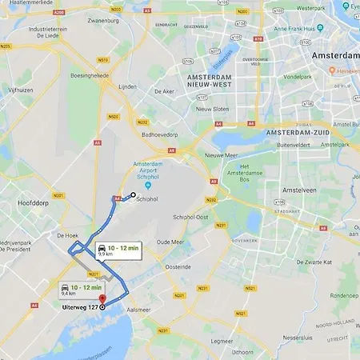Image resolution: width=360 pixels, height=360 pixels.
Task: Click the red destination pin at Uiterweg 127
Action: [102, 299]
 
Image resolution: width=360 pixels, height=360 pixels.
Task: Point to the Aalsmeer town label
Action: [139, 310]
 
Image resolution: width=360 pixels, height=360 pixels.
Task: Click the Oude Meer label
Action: [170, 242]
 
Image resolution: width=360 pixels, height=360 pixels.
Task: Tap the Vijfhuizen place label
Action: [20, 90]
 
